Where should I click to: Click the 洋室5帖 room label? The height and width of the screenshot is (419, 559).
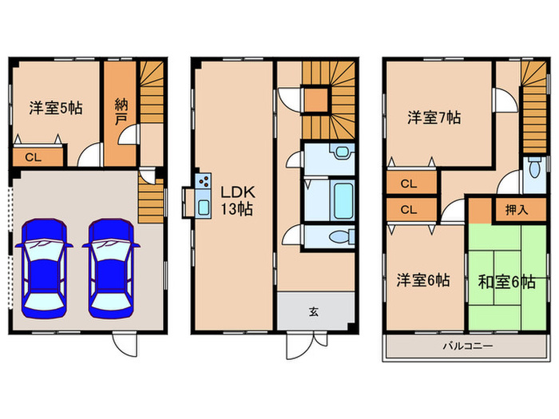[x=56, y=108]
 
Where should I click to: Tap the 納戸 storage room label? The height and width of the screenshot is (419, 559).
[x=121, y=113]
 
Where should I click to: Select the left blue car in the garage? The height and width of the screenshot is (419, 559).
[x=44, y=268]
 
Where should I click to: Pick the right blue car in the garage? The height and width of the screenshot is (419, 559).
[x=111, y=268]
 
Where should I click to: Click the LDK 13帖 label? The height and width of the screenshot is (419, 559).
[x=237, y=200]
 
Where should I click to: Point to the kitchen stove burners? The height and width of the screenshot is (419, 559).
[x=204, y=180]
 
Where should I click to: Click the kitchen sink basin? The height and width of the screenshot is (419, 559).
[x=204, y=207]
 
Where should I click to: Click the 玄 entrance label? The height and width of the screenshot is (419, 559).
[x=313, y=312]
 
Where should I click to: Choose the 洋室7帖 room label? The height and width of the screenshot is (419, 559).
[x=434, y=117]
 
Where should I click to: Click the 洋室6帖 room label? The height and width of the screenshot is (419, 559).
[x=423, y=280]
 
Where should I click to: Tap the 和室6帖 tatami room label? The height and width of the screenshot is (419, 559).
[x=506, y=283]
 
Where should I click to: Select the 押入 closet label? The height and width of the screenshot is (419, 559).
[x=517, y=210]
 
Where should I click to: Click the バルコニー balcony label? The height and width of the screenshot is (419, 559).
[x=469, y=346]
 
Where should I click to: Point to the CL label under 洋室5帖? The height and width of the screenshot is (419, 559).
[x=34, y=157]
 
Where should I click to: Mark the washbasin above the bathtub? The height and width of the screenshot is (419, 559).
[x=342, y=152]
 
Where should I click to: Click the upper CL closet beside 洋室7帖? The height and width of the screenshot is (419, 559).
[x=409, y=184]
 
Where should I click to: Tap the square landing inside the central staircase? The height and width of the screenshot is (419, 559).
[x=315, y=100]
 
